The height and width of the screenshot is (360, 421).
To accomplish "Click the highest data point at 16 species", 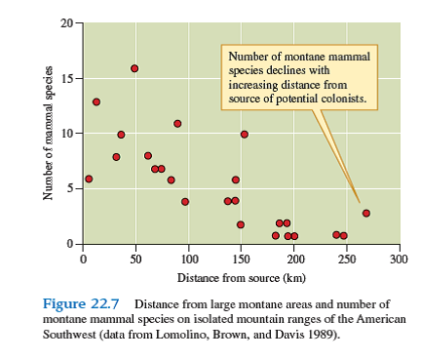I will pos(134,68).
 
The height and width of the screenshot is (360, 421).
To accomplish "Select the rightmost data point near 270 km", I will pos(366,213).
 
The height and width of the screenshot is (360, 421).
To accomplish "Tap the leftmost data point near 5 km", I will pos(89,179).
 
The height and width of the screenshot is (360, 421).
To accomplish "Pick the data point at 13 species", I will pos(96,101).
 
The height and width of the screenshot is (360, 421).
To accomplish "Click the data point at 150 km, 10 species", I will pos(245,135).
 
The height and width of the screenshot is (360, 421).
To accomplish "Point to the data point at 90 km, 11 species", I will pos(177,124).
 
